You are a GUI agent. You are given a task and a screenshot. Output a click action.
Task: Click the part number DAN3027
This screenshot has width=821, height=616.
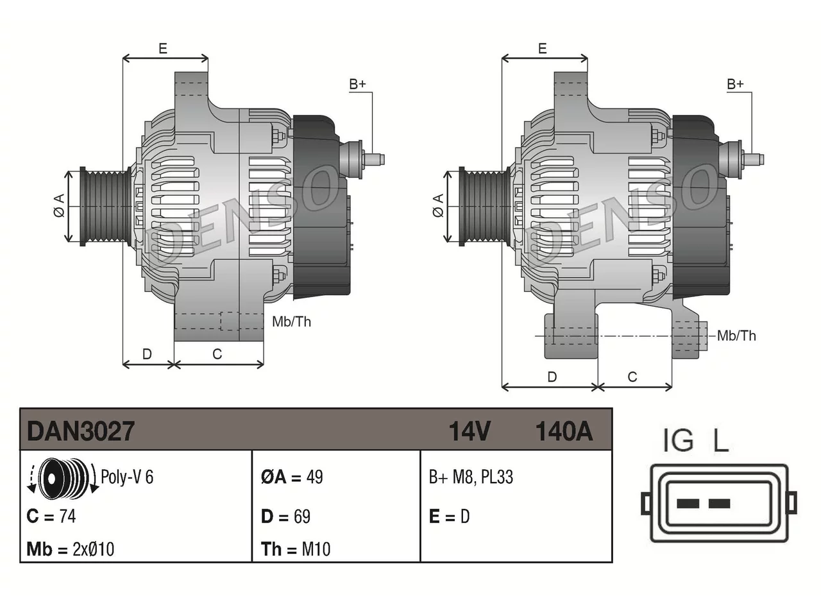[80, 431]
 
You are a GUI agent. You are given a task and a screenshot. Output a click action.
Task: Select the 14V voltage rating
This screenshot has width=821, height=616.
[470, 431]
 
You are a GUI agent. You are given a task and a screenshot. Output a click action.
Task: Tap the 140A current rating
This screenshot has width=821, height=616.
[564, 431]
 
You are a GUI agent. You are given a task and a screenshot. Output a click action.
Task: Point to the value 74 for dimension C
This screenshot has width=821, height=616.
[68, 517]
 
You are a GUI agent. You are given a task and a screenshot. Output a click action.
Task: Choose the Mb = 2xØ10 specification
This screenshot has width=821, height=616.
[71, 549]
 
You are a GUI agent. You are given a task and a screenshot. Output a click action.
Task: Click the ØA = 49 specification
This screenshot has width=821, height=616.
[292, 477]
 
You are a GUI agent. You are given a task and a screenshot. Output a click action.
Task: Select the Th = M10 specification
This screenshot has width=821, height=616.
[296, 549]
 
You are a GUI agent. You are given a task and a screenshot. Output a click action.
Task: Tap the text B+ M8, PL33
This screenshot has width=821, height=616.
[471, 477]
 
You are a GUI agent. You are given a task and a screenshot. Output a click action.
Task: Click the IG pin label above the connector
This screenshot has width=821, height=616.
[678, 440]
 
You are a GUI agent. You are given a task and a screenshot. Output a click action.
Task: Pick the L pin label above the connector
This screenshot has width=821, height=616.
[721, 440]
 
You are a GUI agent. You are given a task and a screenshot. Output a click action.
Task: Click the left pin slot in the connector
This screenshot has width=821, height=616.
[688, 504]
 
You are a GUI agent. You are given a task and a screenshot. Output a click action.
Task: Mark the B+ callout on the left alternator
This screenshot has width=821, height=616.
[357, 84]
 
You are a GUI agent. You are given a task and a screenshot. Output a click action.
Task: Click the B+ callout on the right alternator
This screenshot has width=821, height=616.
[735, 84]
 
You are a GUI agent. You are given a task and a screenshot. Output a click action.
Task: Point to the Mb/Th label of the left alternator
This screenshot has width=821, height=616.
[291, 321]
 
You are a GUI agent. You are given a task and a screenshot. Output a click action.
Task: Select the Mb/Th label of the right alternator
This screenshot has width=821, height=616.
[736, 336]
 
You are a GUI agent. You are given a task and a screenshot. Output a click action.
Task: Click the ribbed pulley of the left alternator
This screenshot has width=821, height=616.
[105, 207]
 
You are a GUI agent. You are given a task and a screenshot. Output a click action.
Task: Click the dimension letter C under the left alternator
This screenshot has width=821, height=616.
[217, 354]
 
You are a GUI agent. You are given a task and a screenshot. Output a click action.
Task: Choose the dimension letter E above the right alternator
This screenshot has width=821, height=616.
[543, 49]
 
